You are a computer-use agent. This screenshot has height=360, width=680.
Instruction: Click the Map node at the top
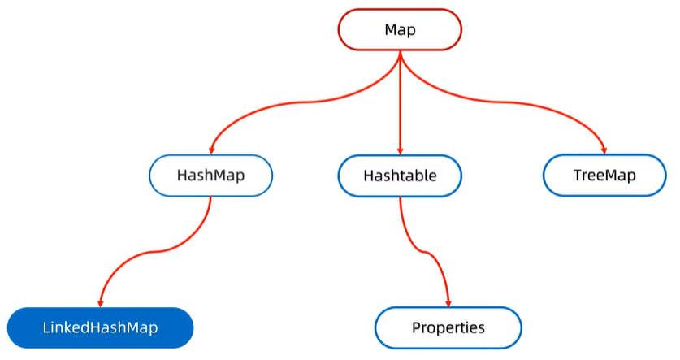tap(400, 29)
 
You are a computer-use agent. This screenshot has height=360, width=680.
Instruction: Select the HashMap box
tap(211, 175)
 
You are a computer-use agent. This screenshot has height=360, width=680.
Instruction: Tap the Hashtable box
tap(400, 175)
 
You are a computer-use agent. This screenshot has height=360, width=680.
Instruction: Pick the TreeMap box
tap(604, 175)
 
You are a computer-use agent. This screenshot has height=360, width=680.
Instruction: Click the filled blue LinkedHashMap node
tap(100, 328)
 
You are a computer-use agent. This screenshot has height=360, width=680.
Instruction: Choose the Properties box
tap(448, 328)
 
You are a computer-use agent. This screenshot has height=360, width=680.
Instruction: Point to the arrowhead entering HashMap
tap(211, 150)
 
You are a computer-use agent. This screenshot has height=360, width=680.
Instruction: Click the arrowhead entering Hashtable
tap(400, 150)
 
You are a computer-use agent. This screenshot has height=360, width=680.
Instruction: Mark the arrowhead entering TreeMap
tap(604, 150)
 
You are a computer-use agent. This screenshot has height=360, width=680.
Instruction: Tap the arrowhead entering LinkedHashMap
tap(101, 302)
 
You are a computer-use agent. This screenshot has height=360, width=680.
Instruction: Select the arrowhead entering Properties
tap(448, 302)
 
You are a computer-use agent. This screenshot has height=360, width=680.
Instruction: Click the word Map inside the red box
tap(400, 29)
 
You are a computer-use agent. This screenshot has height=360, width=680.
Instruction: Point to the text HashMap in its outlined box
tap(211, 175)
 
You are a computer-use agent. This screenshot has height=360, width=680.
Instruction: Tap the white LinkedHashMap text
tap(100, 328)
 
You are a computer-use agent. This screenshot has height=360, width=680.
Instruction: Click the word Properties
tap(448, 328)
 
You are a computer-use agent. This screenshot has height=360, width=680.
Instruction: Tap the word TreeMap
tap(604, 175)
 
